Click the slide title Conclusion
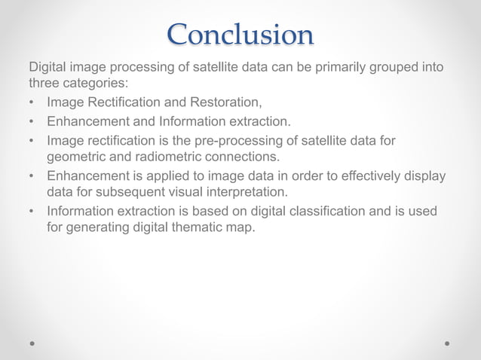coord(240,35)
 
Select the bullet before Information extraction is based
coord(32,212)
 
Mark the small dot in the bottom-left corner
coord(32,343)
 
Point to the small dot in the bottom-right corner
coord(448,343)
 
